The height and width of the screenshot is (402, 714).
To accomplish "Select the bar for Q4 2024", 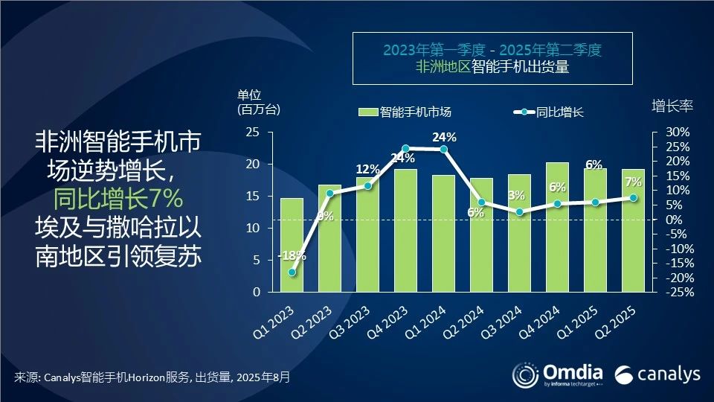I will [x=557, y=227].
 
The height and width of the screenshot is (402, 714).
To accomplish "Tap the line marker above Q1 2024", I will [x=444, y=149].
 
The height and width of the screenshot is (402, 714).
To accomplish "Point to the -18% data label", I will [x=291, y=256].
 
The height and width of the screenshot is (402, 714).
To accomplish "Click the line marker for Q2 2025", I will [x=634, y=198].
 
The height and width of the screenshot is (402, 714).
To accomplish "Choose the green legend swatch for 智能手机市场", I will [x=369, y=112].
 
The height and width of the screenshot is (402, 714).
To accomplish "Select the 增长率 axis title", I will [x=672, y=106].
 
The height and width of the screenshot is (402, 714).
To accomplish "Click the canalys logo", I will [x=658, y=373].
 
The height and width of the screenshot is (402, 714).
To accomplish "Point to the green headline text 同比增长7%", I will [x=118, y=200].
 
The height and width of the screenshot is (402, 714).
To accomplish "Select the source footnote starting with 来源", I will [x=152, y=377].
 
